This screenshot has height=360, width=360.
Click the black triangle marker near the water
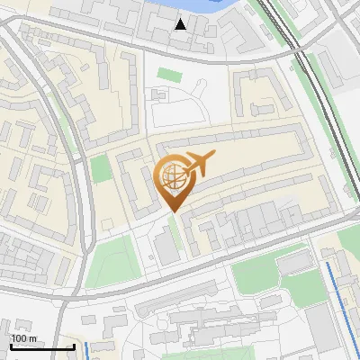click(x=181, y=24)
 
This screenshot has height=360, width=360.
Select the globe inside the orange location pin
click(x=172, y=176)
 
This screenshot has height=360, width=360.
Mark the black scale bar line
click(x=42, y=347)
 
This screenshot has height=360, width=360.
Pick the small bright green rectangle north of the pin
click(x=169, y=74)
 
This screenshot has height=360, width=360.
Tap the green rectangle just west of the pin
click(x=101, y=168)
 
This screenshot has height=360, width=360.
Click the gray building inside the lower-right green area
click(x=292, y=263)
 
